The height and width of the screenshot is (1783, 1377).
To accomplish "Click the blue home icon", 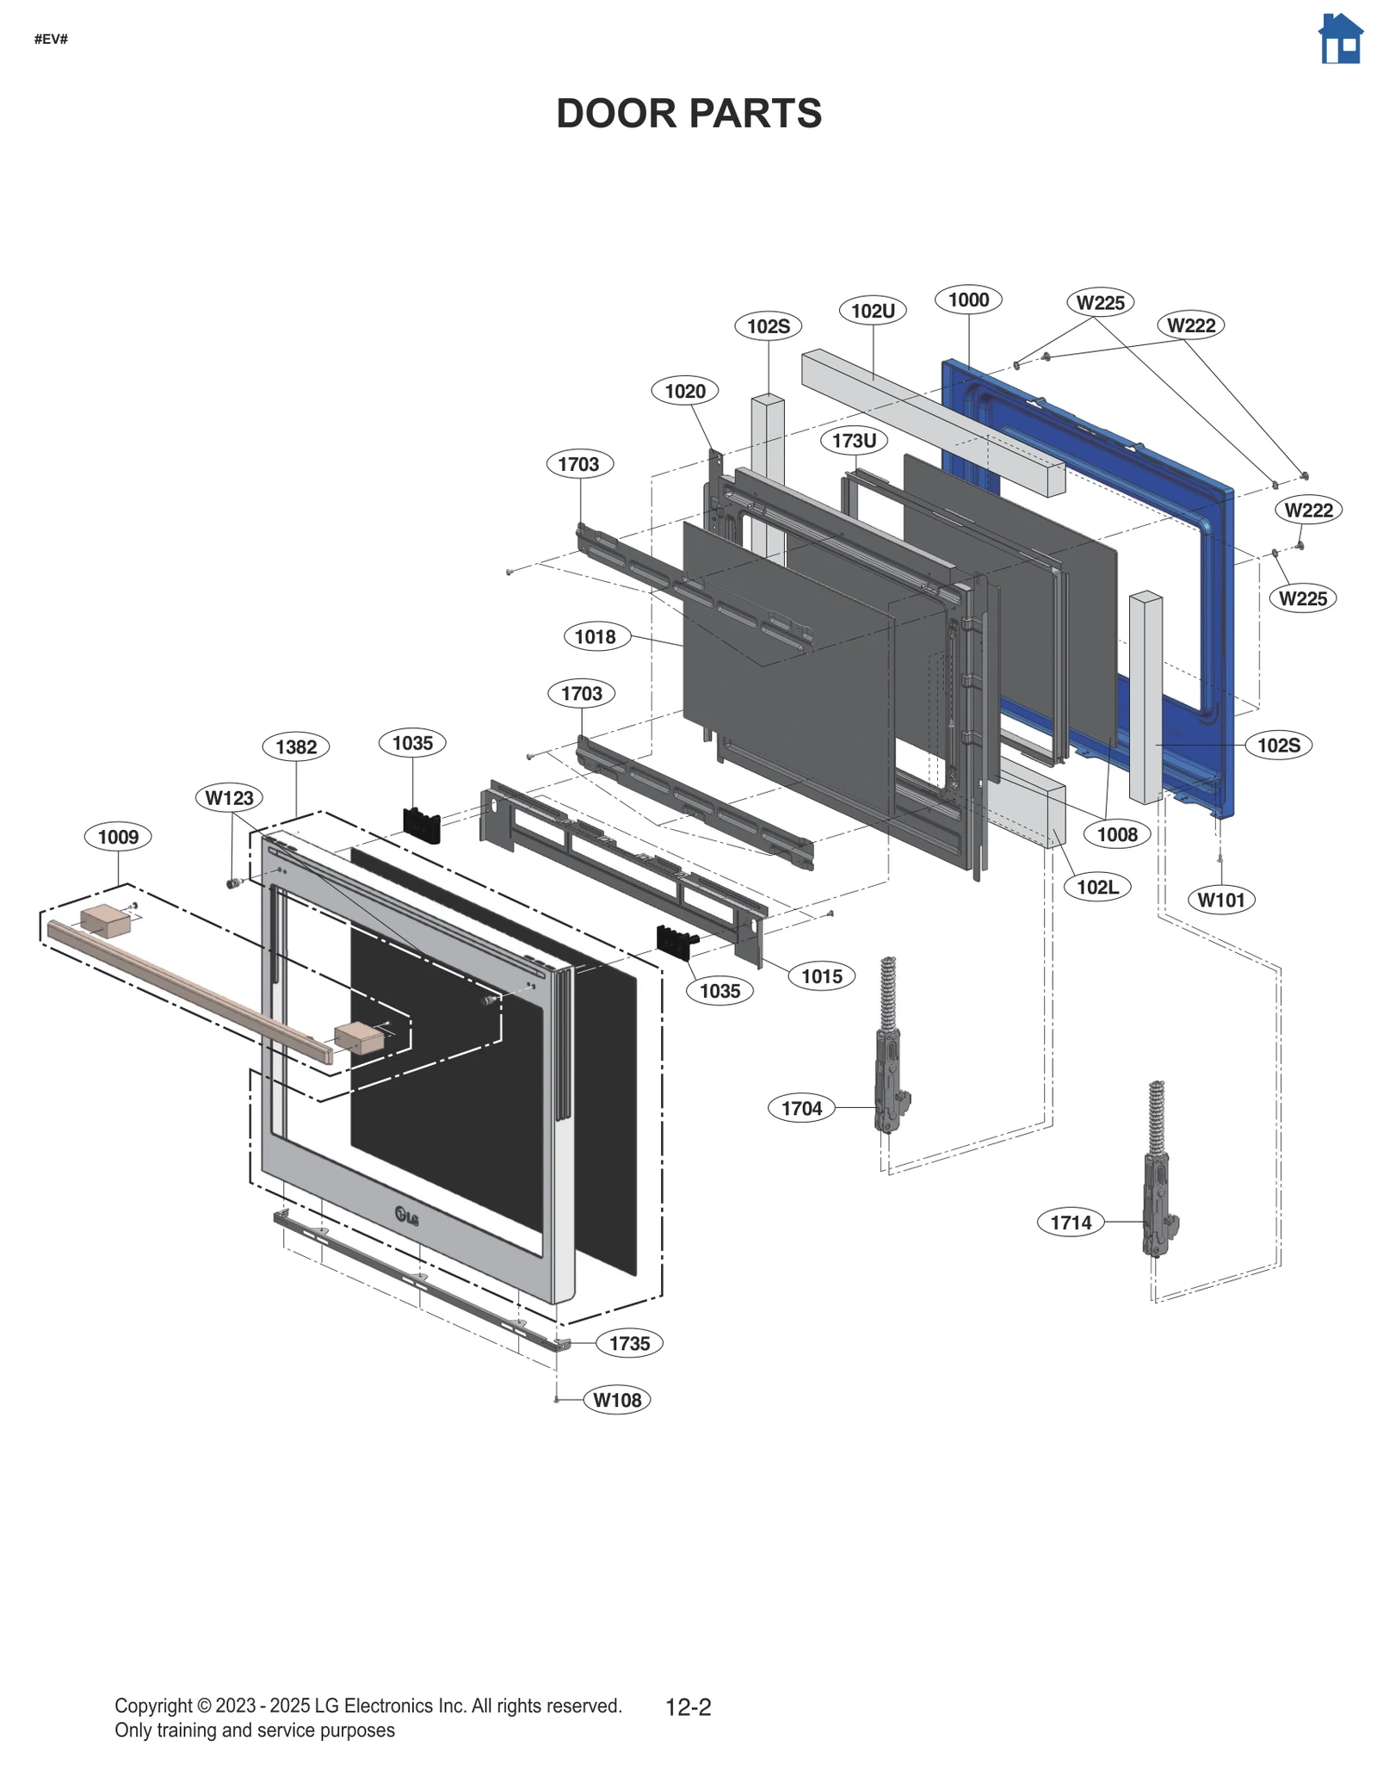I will point(1340,40).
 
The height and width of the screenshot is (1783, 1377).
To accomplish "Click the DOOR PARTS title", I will point(688,114).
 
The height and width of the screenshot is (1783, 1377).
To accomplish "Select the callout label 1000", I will point(968,300).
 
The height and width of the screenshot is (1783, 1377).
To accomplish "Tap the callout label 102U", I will point(873,311).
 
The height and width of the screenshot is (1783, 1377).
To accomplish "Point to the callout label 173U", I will point(854,441).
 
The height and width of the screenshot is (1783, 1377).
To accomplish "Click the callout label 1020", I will point(685,391).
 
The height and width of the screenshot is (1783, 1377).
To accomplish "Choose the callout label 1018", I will point(596,637).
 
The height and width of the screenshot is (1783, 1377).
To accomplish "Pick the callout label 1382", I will point(296,746).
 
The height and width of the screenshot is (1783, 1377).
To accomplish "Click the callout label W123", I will point(230,798).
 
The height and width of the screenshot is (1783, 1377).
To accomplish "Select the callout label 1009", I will point(118,837).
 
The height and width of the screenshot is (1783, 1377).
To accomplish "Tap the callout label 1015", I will point(821,976).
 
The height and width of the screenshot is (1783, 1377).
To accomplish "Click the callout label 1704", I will point(801,1108).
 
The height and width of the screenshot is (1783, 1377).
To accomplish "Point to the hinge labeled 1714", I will point(1159,1171).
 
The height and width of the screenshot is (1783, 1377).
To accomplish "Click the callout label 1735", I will point(629,1343).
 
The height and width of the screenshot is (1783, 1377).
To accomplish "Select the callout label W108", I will point(617,1400).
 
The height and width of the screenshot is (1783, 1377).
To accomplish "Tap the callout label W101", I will point(1221,900).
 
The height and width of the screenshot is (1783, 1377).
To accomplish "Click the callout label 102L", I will point(1097,887).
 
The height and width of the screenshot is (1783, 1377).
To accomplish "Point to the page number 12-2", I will point(688,1707).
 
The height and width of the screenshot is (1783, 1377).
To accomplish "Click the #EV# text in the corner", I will point(51,40).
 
